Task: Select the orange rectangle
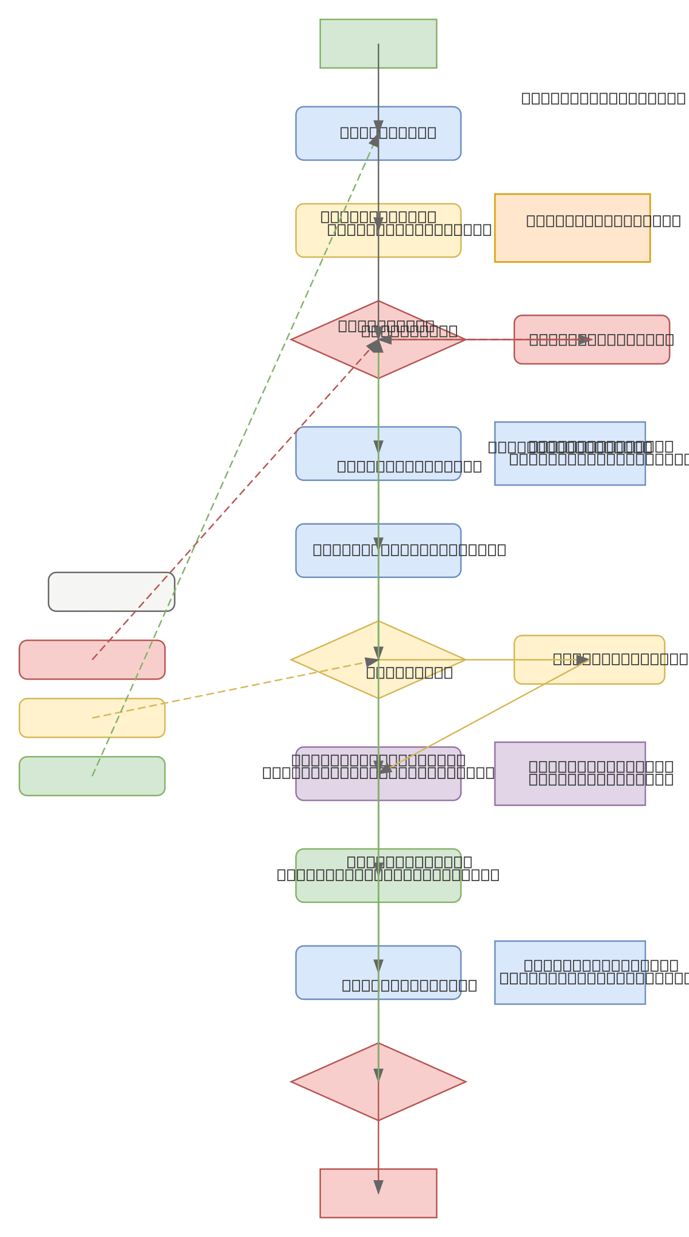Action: [x=572, y=241]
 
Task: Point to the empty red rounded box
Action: [x=52, y=660]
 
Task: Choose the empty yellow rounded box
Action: [x=52, y=718]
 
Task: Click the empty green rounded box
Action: [x=52, y=776]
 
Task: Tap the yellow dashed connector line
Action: [x=230, y=690]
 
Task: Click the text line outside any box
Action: [x=603, y=98]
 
